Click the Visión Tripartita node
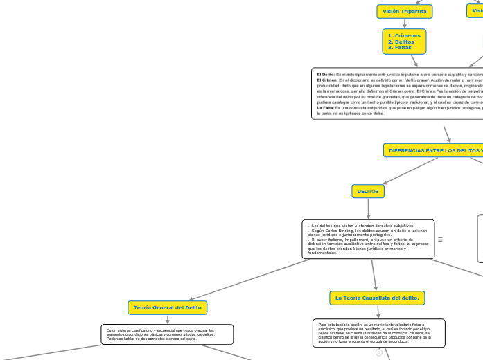pos(405,11)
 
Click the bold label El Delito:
pos(326,74)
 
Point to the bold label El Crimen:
pos(327,80)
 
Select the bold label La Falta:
pos(325,108)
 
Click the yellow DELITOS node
pos(368,190)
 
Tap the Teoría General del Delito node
pos(168,307)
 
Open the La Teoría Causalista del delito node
pos(377,298)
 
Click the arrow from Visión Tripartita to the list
pos(405,23)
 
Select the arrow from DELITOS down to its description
pos(368,207)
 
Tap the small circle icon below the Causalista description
pos(379,352)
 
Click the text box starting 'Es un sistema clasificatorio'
pos(167,334)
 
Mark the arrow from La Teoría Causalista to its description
pos(378,312)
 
